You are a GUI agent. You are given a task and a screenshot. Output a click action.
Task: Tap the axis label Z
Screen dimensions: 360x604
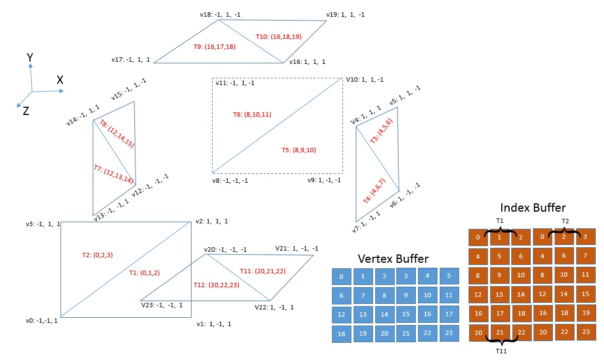pos(26,111)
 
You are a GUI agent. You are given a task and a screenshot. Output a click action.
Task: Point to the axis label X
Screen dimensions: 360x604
pos(60,80)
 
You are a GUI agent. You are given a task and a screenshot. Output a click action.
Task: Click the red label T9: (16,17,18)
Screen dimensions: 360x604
pos(215,47)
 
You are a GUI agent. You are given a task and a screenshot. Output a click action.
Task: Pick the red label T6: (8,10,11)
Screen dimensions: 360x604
pos(252,114)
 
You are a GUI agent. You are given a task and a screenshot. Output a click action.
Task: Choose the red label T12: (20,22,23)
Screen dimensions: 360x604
pos(216,284)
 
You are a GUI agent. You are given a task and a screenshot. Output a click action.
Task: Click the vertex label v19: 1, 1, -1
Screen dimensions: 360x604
pos(346,14)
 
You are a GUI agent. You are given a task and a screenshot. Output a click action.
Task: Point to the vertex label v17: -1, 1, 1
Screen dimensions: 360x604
pos(131,59)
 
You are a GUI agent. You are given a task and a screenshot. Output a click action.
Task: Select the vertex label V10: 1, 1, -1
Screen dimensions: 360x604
pos(364,79)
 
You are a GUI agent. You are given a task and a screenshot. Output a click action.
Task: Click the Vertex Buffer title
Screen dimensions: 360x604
pos(393,258)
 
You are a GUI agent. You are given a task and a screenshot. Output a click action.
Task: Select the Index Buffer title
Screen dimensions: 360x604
pos(533,208)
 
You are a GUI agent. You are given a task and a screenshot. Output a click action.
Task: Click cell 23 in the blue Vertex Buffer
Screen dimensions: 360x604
pos(449,333)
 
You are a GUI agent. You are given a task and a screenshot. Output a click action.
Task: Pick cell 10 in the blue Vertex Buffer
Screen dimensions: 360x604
pos(427,295)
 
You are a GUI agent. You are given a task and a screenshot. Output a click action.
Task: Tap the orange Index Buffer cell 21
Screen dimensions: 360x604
pos(500,332)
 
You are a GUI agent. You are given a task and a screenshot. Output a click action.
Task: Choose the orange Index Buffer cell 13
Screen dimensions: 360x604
pos(500,294)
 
